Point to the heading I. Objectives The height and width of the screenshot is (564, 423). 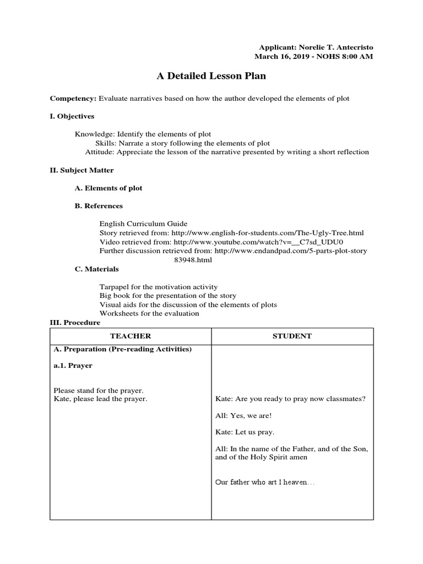[x=72, y=116]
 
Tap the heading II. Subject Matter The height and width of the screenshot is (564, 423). [x=82, y=170]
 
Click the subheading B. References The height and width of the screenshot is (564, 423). [x=99, y=205]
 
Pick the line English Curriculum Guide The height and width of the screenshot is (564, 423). [x=143, y=224]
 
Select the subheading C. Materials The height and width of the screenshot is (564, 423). [x=96, y=269]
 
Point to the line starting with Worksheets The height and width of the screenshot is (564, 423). [x=149, y=313]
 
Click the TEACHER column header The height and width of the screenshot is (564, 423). [x=131, y=336]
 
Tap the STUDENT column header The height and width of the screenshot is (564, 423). [x=292, y=336]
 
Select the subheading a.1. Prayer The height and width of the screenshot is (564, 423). [x=73, y=365]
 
